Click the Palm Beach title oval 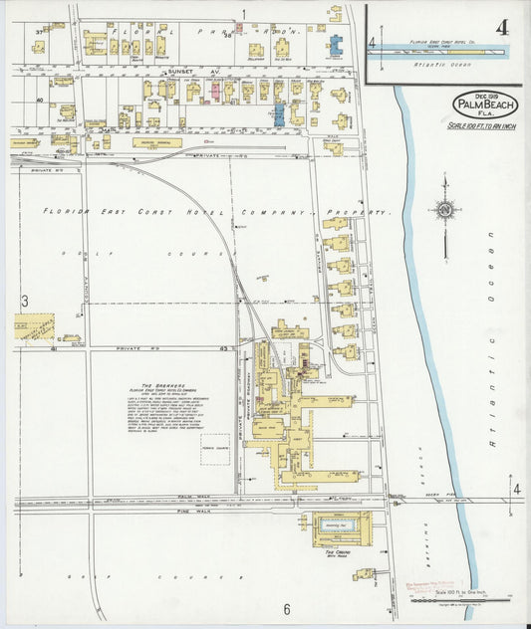[x=485, y=105]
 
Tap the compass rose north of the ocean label [x=445, y=210]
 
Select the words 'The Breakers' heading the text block [x=159, y=386]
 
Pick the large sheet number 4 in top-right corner [x=501, y=27]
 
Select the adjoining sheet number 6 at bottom [x=285, y=609]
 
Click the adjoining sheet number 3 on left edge [x=23, y=301]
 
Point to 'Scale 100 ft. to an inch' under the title [x=484, y=126]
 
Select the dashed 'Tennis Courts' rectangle [x=214, y=448]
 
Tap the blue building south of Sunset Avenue [x=279, y=113]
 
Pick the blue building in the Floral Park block [x=336, y=46]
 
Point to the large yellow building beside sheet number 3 [x=34, y=327]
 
